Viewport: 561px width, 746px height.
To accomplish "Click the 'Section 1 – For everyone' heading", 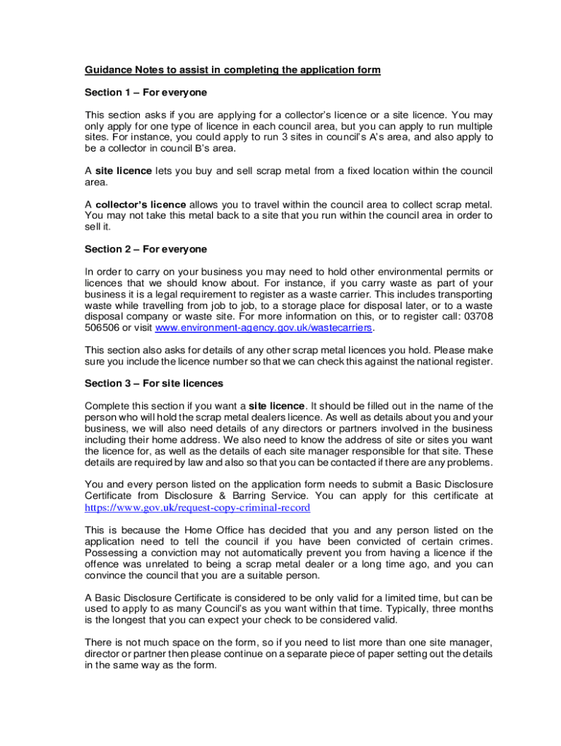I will point(146,93).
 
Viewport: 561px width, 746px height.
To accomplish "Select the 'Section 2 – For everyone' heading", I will point(146,249).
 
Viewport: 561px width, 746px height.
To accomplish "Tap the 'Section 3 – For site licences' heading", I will point(154,383).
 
